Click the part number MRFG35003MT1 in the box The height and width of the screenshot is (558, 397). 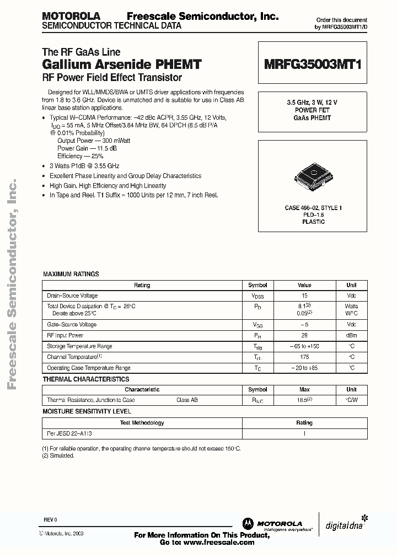click(312, 65)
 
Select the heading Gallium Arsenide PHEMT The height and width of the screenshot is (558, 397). click(121, 65)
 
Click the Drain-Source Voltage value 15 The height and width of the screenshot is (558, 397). click(304, 296)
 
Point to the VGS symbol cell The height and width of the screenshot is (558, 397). click(257, 325)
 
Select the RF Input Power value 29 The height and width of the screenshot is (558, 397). click(304, 335)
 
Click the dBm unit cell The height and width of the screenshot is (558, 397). click(351, 335)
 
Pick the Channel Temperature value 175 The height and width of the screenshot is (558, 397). click(304, 357)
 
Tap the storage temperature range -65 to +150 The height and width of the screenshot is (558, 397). click(304, 346)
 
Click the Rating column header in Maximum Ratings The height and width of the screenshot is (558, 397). click(142, 285)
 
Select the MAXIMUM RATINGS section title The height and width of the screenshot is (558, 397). click(71, 274)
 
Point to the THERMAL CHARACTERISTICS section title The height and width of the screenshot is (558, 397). click(86, 379)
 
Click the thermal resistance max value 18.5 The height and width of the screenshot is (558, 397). click(304, 400)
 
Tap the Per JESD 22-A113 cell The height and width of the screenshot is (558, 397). click(69, 433)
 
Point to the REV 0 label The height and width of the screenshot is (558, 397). click(50, 519)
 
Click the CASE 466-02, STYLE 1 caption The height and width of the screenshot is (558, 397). click(313, 208)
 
